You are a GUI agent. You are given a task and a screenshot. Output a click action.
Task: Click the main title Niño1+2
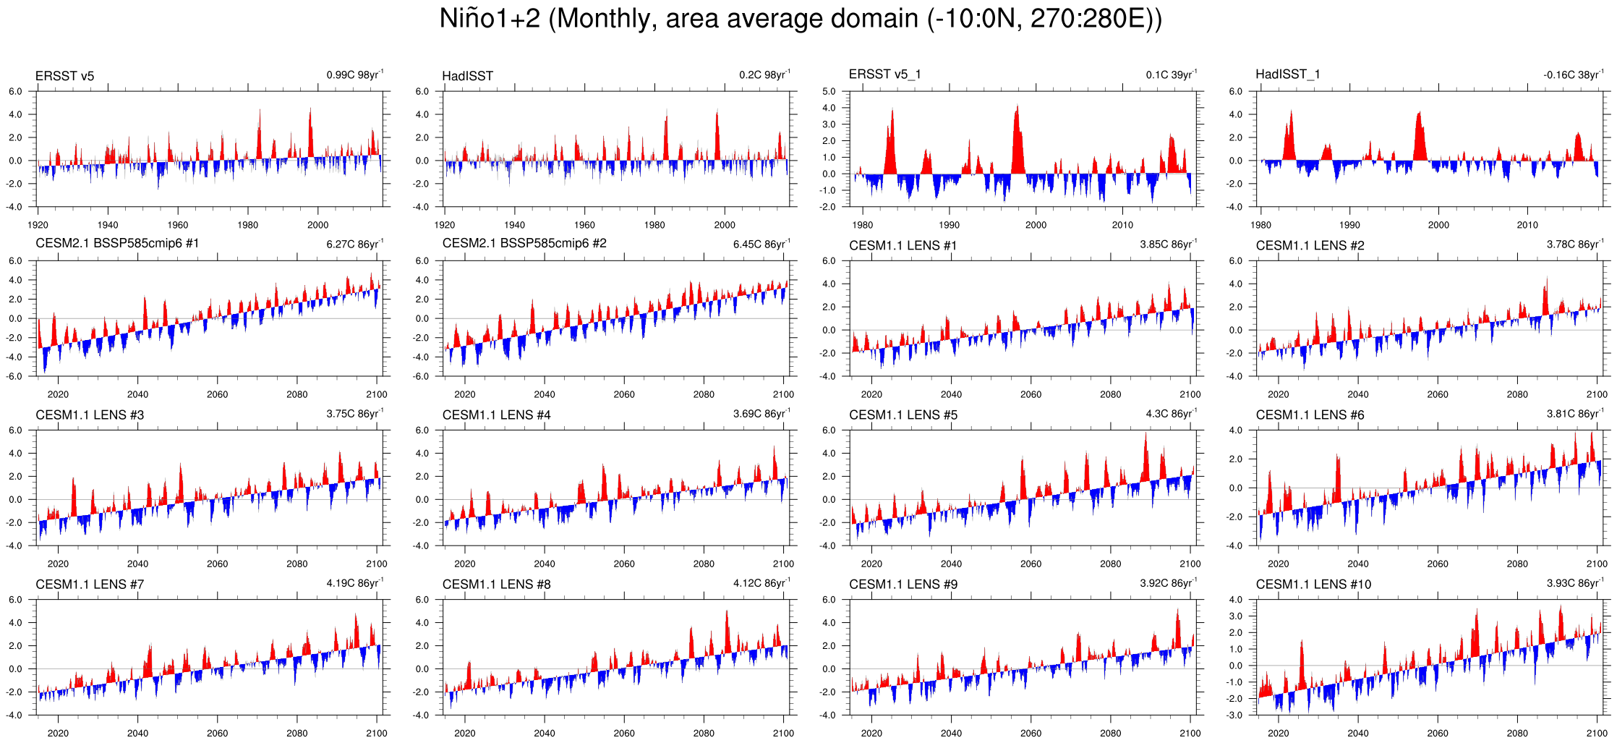801,19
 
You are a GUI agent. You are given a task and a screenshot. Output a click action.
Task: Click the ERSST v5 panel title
64,76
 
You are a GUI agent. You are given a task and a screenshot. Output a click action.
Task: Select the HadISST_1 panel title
1287,74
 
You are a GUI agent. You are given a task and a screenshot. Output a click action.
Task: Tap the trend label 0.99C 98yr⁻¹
354,75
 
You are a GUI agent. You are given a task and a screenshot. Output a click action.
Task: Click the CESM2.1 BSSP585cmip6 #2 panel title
524,243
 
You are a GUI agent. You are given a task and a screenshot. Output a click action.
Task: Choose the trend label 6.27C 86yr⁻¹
354,244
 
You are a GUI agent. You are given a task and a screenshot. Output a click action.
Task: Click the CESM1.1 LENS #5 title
903,415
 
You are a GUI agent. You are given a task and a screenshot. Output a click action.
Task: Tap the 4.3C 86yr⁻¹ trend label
1171,413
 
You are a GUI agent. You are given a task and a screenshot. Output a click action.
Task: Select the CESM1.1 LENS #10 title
1313,584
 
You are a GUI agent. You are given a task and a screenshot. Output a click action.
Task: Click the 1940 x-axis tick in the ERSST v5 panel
108,225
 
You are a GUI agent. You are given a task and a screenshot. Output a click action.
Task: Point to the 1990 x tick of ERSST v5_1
949,225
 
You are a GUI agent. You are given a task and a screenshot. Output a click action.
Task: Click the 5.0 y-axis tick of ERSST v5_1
829,92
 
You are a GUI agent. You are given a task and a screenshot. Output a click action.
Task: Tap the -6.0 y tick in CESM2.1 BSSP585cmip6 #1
15,376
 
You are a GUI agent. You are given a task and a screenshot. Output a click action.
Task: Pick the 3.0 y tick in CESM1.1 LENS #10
1235,616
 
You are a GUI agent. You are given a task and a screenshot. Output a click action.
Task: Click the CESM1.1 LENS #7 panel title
90,584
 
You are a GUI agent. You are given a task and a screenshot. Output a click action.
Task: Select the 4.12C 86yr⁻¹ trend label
761,582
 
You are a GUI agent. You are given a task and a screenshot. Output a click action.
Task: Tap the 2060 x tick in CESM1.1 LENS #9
1031,733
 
